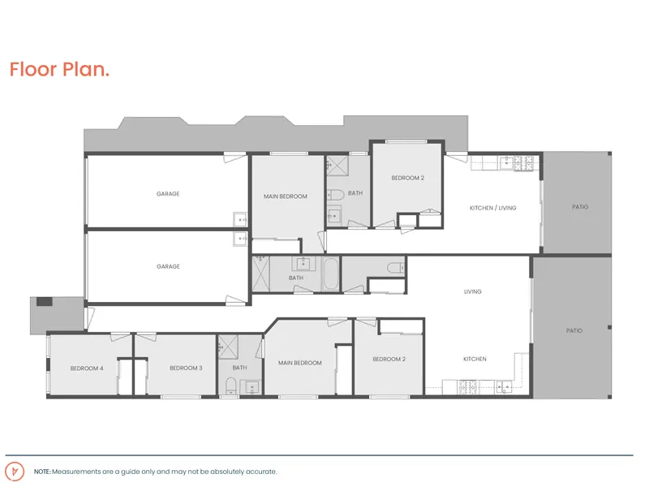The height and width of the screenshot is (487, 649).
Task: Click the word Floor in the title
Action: coord(33,69)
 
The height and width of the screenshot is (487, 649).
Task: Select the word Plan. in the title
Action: coord(86,69)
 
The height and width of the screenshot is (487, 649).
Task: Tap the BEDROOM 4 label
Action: coord(87,368)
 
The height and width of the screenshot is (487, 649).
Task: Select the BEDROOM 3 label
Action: coord(186,368)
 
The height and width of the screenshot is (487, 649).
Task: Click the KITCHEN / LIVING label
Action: coord(493,208)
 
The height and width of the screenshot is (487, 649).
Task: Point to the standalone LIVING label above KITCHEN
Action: coord(473,291)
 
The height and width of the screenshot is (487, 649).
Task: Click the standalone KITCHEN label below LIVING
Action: coord(475,359)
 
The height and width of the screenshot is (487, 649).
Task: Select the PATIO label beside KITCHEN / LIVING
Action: coord(580,207)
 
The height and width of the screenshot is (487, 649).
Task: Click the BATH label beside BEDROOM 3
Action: coord(239,368)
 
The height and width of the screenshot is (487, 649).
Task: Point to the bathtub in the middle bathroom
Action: coord(330,274)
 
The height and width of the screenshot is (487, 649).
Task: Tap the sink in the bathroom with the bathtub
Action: coord(303,263)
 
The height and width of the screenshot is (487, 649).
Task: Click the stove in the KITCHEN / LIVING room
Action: coord(523,163)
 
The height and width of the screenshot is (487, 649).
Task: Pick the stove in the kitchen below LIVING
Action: coord(467,387)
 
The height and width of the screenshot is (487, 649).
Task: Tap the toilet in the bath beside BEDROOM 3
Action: coord(230,386)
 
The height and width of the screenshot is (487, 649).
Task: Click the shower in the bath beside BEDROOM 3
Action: coord(229,347)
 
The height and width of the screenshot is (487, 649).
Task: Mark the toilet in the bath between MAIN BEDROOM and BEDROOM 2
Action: coord(336,195)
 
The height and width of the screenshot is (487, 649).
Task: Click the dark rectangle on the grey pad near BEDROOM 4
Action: coord(45,301)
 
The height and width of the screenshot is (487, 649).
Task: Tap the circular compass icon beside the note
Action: coord(15,472)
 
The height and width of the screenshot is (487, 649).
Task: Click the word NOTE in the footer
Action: coord(42,472)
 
